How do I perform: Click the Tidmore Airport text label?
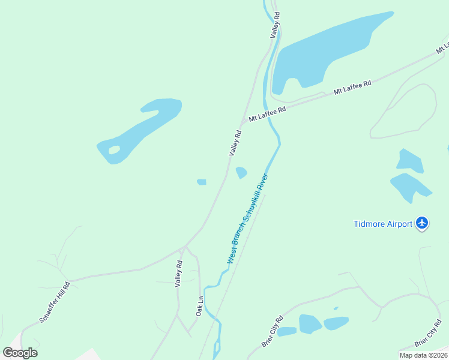(382, 224)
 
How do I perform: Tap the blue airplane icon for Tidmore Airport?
(422, 223)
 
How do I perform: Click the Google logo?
(20, 352)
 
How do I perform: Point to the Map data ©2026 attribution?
(423, 355)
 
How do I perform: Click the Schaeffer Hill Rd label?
(55, 302)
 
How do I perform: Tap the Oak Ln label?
(200, 305)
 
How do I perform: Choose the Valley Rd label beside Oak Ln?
(178, 274)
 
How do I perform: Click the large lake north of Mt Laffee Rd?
(324, 54)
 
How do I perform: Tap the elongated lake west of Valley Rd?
(144, 129)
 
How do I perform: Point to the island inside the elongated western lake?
(113, 149)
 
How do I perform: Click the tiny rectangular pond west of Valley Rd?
(202, 182)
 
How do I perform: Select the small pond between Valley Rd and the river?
(241, 173)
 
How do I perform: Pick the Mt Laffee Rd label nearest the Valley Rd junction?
(268, 113)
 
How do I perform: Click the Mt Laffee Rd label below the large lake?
(352, 87)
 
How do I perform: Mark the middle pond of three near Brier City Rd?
(310, 324)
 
